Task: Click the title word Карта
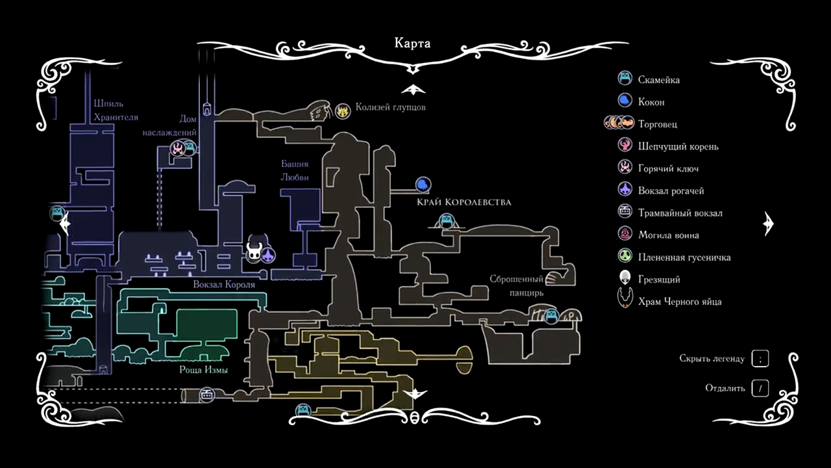tap(412, 44)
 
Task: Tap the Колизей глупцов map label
tap(390, 107)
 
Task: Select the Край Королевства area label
tap(464, 202)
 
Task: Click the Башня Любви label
tap(294, 171)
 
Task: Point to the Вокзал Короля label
tap(224, 285)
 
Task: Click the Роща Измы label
tap(204, 370)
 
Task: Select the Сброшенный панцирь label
tap(517, 286)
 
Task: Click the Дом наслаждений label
tap(169, 125)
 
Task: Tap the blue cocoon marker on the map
tap(423, 185)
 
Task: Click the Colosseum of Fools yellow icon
tap(343, 111)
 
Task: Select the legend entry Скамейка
tap(659, 80)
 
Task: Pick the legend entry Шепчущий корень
tap(678, 146)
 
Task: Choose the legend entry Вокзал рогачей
tap(671, 190)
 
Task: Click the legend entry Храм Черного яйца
tap(680, 302)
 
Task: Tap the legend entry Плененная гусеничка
tap(684, 257)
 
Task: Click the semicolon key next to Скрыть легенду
tap(760, 358)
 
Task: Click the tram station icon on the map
tap(207, 395)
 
